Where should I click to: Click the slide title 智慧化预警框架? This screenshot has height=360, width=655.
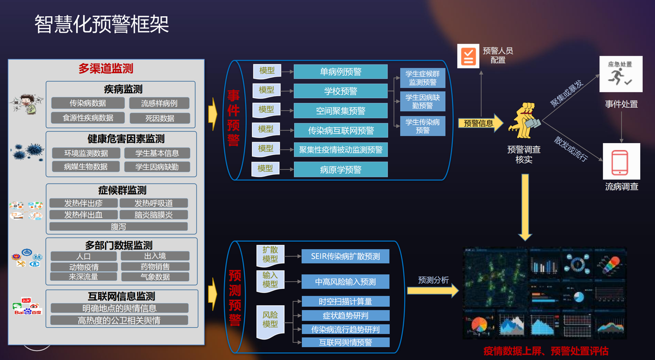pyautogui.click(x=102, y=24)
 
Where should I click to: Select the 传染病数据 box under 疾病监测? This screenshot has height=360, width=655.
pyautogui.click(x=88, y=103)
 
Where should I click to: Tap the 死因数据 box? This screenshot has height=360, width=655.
pyautogui.click(x=159, y=118)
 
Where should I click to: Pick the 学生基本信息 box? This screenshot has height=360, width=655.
pyautogui.click(x=157, y=153)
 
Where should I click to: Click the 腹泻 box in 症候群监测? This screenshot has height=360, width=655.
pyautogui.click(x=118, y=226)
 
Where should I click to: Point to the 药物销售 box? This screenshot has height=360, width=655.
pyautogui.click(x=155, y=266)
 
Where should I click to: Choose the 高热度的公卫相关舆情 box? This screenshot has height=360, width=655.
pyautogui.click(x=119, y=321)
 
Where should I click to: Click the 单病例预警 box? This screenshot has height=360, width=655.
pyautogui.click(x=340, y=72)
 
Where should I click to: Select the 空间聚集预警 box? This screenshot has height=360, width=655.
pyautogui.click(x=340, y=110)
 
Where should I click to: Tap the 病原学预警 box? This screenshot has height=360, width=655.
pyautogui.click(x=340, y=169)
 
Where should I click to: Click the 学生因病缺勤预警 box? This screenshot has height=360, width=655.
pyautogui.click(x=423, y=101)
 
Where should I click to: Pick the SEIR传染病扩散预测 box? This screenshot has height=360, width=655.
pyautogui.click(x=345, y=256)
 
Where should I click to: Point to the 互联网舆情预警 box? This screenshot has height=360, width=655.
pyautogui.click(x=345, y=342)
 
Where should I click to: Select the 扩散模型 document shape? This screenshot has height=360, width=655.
pyautogui.click(x=270, y=254)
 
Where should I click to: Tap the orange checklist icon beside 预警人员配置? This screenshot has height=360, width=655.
pyautogui.click(x=468, y=56)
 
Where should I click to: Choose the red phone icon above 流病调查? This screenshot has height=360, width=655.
pyautogui.click(x=621, y=161)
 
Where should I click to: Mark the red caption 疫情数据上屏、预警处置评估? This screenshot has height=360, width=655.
pyautogui.click(x=545, y=351)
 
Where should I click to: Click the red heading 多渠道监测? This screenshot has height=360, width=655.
pyautogui.click(x=106, y=69)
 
